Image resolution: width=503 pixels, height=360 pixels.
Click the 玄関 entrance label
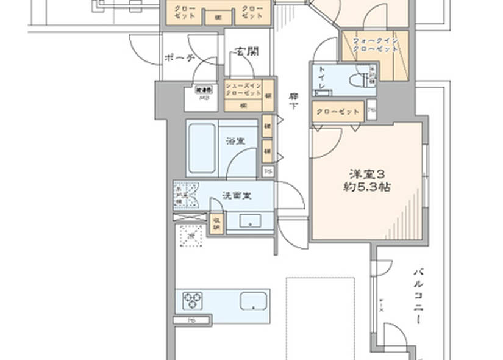pyautogui.click(x=247, y=51)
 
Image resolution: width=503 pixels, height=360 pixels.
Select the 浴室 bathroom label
pyautogui.click(x=235, y=140)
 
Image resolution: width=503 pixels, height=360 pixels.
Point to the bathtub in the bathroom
pyautogui.click(x=201, y=149)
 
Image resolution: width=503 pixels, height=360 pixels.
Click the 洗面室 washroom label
pyautogui.click(x=237, y=196)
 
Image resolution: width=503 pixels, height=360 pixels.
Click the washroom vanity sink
pyautogui.click(x=249, y=221)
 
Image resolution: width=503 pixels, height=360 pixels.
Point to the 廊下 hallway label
pyautogui.click(x=294, y=101)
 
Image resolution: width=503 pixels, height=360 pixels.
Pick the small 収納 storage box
pyautogui.click(x=216, y=224)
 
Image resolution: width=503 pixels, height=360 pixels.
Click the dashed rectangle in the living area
pyautogui.click(x=321, y=317)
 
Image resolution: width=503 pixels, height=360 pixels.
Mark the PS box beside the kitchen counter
pyautogui.click(x=192, y=319)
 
